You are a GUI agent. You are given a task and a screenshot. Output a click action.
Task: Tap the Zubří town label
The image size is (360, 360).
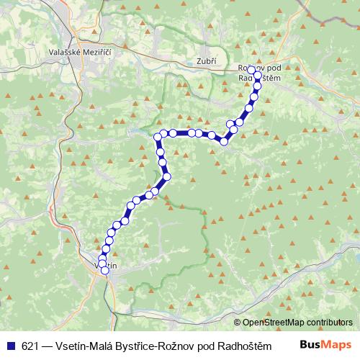[205, 61]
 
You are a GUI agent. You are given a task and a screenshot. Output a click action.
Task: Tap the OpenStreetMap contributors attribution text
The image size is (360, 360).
[297, 323]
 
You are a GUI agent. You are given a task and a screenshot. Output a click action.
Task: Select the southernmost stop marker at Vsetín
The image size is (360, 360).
[106, 271]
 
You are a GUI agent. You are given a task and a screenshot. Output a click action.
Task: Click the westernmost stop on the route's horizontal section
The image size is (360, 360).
[157, 136]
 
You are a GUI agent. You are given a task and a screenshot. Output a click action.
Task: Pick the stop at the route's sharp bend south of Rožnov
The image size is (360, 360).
[224, 141]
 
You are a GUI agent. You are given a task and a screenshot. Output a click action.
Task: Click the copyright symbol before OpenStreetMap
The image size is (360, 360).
[238, 323]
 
